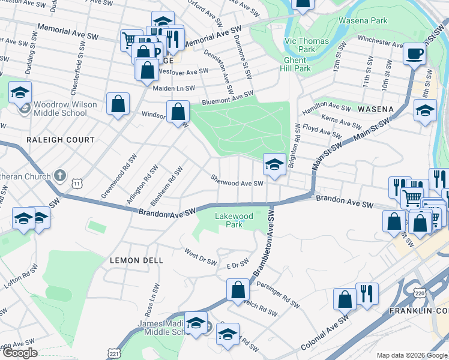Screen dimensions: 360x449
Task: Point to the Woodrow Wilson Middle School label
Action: coord(65,108)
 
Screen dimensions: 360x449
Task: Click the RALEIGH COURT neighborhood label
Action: coord(61,140)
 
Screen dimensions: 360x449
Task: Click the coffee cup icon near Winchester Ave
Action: coord(414,54)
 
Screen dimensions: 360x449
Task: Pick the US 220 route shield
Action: coord(418,291)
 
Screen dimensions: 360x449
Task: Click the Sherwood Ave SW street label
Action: coord(237,181)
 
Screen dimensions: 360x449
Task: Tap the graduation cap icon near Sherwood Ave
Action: coord(274,164)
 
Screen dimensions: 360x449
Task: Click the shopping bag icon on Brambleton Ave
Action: coord(238,290)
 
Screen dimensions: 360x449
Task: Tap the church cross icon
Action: coord(59,176)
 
